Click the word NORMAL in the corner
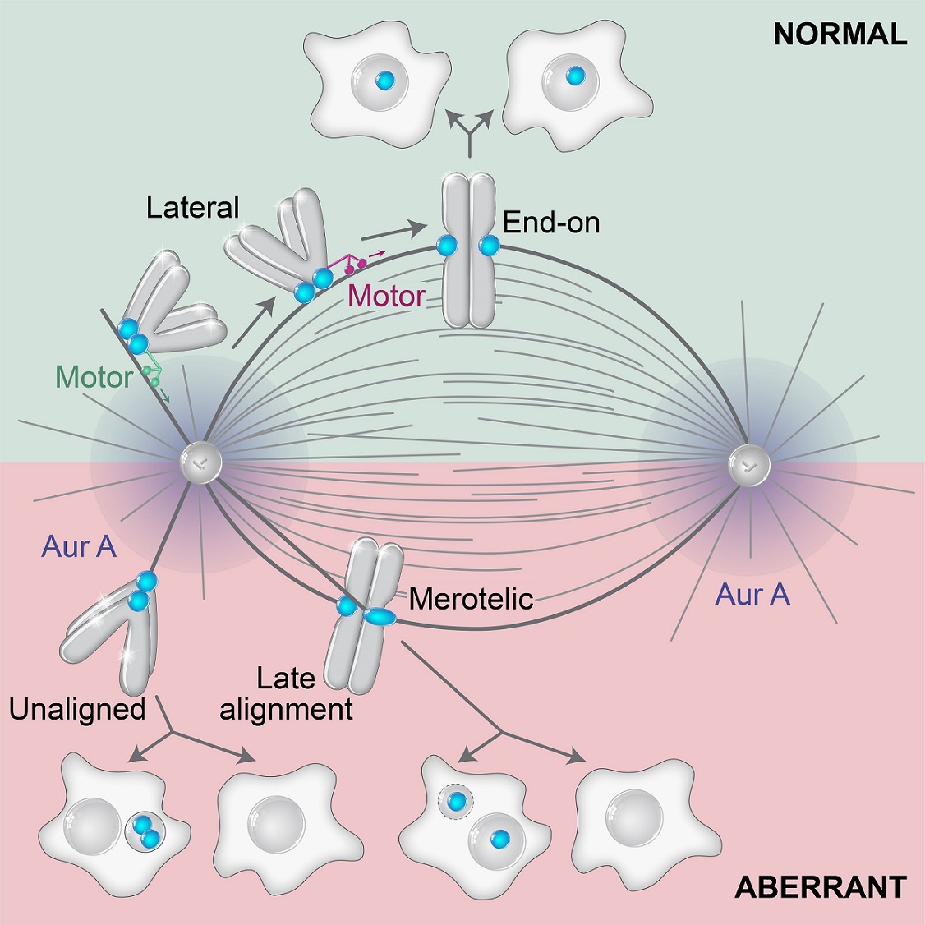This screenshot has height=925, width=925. (840, 34)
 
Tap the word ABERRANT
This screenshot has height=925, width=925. (821, 887)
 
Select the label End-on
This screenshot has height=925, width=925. (551, 222)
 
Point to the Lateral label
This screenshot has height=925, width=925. (192, 207)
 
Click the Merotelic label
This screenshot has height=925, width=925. (471, 598)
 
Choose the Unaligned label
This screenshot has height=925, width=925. (77, 708)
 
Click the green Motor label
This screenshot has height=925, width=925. (94, 377)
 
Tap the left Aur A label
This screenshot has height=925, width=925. (79, 546)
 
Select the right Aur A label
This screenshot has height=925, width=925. (752, 594)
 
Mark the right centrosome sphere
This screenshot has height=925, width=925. (748, 465)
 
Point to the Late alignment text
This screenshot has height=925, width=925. (286, 693)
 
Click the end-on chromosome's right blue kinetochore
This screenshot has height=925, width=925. (489, 244)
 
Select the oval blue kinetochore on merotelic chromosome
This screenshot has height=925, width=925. (380, 615)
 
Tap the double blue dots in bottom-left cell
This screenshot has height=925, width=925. (145, 832)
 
